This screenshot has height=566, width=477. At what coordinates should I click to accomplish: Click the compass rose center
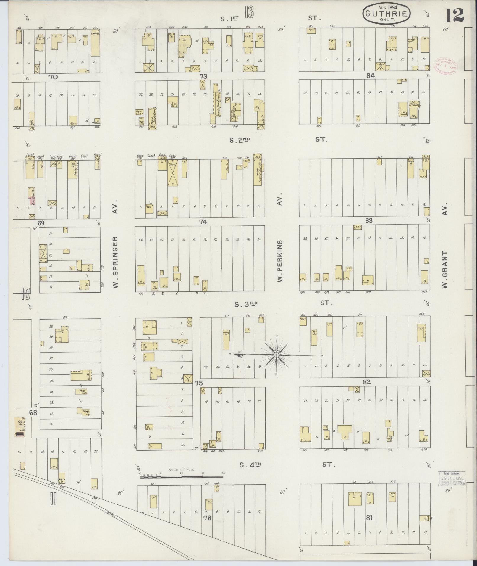tap(276, 355)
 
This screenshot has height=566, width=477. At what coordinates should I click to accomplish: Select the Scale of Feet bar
tap(181, 477)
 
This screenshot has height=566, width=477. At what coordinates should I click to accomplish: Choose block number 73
tap(203, 76)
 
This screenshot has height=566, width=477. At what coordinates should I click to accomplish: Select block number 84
tap(370, 75)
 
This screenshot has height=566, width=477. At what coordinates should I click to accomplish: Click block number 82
tap(367, 382)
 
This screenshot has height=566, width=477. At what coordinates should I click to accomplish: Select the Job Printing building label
tap(415, 104)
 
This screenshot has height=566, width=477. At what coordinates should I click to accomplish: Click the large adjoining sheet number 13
tap(249, 12)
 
